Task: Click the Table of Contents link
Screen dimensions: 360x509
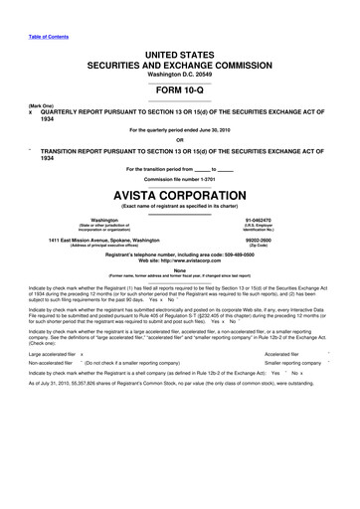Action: (x=32, y=9)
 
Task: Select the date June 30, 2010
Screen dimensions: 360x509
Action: (x=229, y=130)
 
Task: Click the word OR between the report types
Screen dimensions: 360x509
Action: (x=180, y=140)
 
